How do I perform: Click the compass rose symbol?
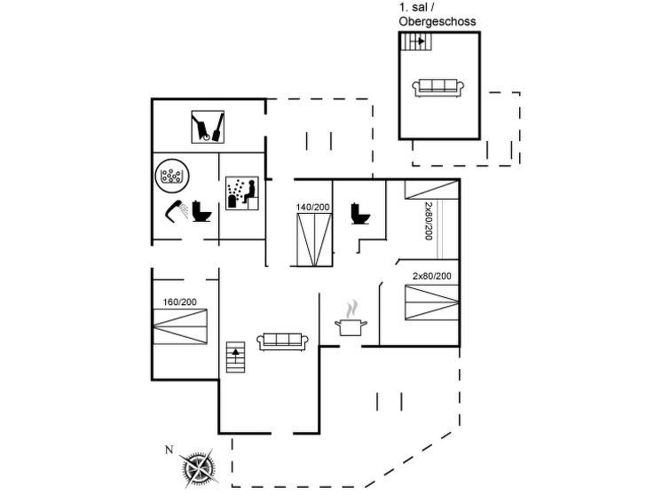(x=198, y=466)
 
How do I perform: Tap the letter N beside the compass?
(x=169, y=450)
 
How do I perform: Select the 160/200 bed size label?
(x=180, y=302)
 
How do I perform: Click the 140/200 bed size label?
(x=312, y=208)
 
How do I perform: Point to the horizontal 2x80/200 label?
(x=432, y=276)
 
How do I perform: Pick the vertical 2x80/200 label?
(x=428, y=221)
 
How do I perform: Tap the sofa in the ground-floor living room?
(x=282, y=341)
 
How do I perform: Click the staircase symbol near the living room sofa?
(x=235, y=357)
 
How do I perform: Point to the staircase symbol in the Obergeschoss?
(x=414, y=41)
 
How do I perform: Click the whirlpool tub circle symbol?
(x=170, y=175)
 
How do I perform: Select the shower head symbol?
(x=173, y=210)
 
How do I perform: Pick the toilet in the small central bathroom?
(x=360, y=213)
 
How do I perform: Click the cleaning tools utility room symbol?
(x=209, y=126)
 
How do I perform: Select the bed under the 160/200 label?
(x=180, y=326)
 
